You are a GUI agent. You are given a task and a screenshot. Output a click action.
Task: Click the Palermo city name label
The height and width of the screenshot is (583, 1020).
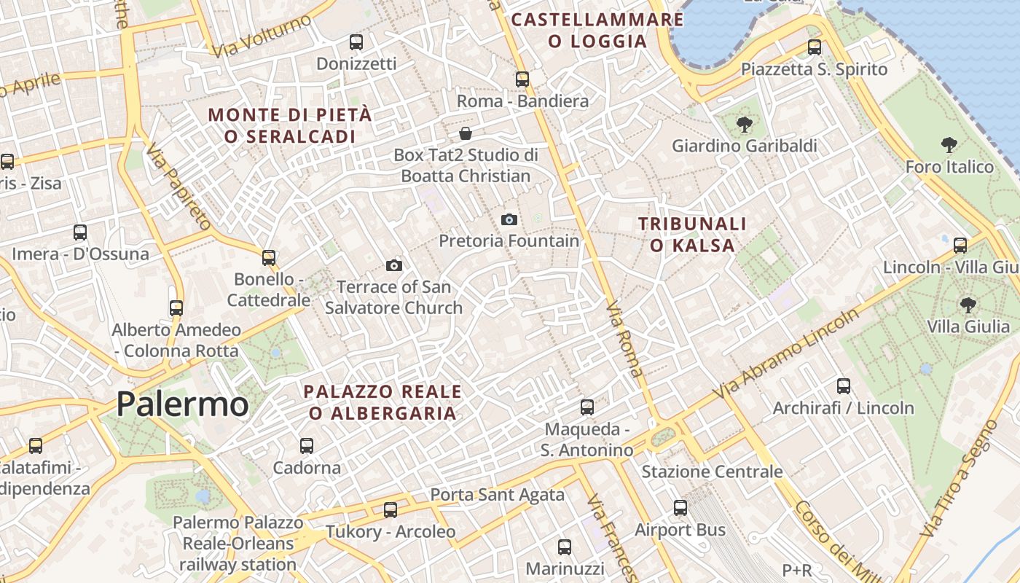(182, 404)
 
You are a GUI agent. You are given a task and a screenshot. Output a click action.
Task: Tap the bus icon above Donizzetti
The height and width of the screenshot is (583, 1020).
(356, 42)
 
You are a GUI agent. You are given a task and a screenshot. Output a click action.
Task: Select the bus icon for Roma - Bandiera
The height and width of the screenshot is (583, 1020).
(522, 79)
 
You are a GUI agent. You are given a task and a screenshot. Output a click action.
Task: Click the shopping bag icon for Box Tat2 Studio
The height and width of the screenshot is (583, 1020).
(466, 133)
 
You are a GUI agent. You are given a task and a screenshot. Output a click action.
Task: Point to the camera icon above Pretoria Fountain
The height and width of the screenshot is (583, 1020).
(509, 219)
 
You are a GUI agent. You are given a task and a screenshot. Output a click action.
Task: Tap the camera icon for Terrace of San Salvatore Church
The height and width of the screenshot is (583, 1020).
(394, 265)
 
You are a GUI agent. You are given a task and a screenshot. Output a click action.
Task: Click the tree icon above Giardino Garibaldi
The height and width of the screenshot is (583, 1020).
(744, 124)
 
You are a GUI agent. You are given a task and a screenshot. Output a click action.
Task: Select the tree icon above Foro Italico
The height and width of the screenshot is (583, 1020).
(949, 144)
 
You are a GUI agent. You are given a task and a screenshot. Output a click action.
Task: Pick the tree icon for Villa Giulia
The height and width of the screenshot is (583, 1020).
(968, 305)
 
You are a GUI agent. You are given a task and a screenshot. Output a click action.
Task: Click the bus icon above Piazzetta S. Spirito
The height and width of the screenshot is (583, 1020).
(815, 47)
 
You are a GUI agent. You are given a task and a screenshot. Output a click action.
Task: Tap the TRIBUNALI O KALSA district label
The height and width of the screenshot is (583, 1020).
(692, 235)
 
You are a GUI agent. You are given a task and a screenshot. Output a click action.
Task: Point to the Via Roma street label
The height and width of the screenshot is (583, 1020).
(625, 339)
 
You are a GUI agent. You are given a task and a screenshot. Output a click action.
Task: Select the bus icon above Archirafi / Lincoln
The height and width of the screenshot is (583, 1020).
(844, 386)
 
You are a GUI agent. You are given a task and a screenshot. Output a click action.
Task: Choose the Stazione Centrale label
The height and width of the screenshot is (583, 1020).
(712, 472)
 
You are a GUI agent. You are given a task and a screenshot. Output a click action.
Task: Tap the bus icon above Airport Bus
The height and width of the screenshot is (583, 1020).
(680, 507)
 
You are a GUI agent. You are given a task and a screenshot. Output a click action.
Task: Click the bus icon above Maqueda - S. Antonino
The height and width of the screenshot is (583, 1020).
(587, 407)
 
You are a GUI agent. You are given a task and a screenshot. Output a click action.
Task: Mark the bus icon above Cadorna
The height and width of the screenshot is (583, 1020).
(307, 445)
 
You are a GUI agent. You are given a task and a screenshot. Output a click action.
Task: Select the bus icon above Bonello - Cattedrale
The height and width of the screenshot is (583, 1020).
(269, 257)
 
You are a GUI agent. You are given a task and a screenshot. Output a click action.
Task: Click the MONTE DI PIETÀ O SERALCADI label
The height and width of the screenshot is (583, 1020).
(290, 125)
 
